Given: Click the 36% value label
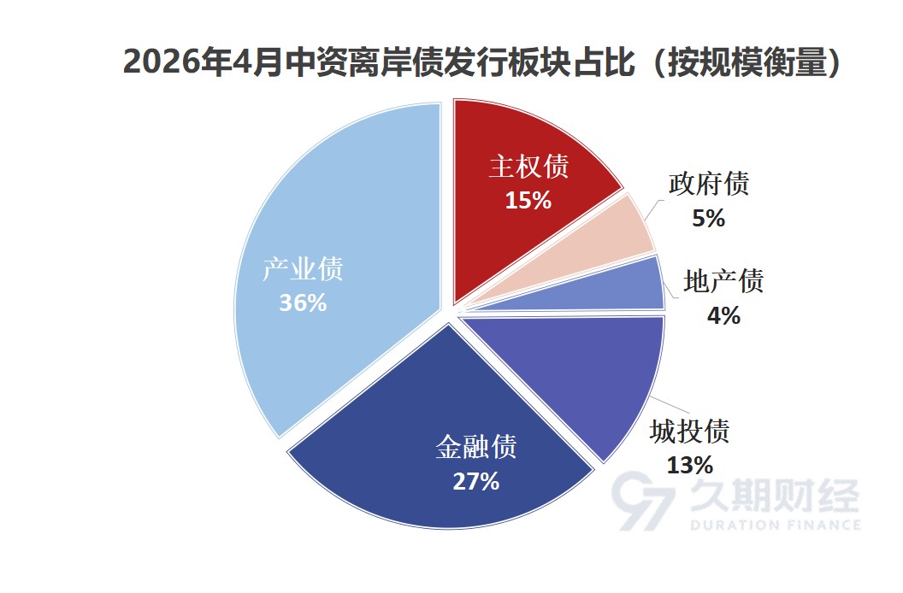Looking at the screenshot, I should coord(303,302).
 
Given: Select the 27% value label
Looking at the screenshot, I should coord(475,481).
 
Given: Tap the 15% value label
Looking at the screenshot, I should coord(528,201).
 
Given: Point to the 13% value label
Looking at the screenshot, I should coord(689,465).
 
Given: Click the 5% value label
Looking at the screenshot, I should coord(708,219).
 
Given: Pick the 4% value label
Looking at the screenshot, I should coord(723,315).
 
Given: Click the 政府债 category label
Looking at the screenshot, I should coord(708,185).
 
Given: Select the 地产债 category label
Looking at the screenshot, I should coord(723,281).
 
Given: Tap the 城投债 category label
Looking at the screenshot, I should coord(689,431).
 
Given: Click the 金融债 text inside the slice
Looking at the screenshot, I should coord(475,447).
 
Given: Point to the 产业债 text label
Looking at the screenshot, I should coord(303,269).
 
